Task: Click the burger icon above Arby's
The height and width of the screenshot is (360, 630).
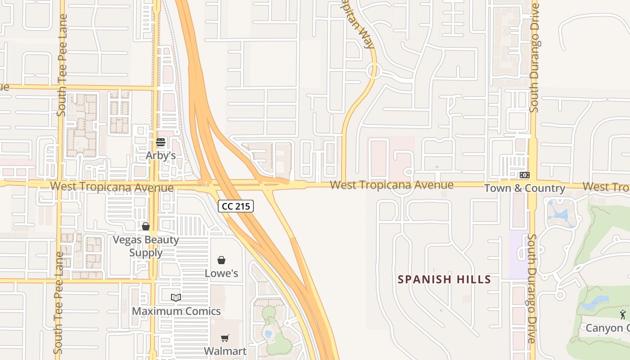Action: click(161, 143)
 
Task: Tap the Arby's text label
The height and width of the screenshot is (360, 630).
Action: click(161, 155)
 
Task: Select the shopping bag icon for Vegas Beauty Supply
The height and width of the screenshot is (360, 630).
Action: click(145, 226)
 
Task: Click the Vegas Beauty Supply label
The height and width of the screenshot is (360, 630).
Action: click(146, 246)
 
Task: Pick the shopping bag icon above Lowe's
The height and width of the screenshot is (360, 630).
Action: click(221, 260)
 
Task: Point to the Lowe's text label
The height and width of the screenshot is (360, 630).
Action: click(221, 273)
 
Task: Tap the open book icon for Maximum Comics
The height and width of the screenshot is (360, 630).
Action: click(176, 297)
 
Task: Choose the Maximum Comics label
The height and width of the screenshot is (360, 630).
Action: click(176, 311)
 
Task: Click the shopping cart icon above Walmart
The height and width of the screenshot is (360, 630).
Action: click(225, 338)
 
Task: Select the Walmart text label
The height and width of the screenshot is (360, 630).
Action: click(225, 351)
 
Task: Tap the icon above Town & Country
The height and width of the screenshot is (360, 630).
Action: click(524, 175)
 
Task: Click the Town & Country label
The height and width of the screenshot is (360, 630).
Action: click(524, 188)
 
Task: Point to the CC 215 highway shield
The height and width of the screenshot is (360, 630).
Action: click(236, 207)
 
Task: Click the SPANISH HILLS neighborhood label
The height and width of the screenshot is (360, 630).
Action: click(444, 279)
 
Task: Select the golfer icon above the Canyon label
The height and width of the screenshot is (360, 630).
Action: click(623, 315)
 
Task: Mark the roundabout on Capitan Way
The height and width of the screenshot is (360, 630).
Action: click(372, 71)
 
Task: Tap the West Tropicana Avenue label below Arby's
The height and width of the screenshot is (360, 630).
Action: click(112, 187)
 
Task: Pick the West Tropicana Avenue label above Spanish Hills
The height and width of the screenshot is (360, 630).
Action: click(391, 185)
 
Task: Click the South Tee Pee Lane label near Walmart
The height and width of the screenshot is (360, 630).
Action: click(58, 302)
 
